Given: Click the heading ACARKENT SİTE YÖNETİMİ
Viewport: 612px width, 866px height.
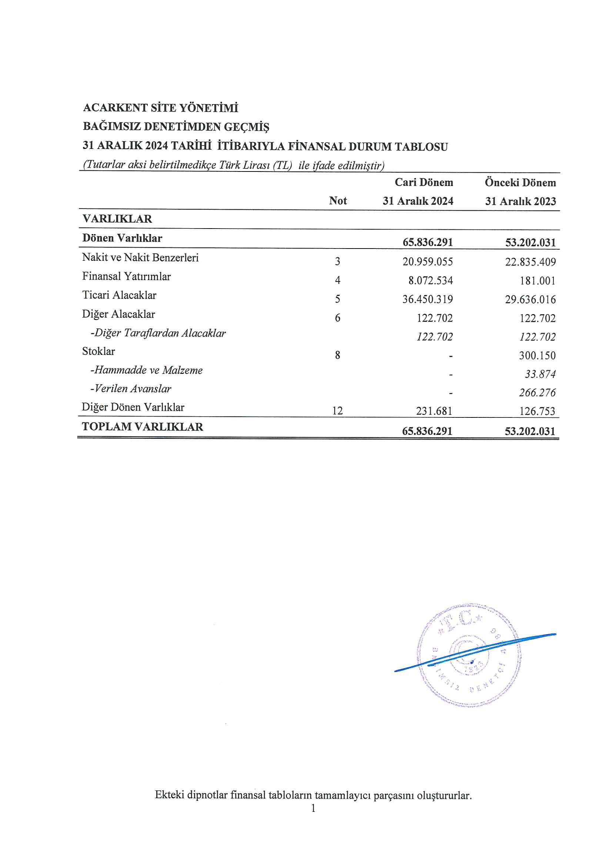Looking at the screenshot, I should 160,108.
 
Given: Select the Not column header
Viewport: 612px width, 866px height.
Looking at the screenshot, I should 338,201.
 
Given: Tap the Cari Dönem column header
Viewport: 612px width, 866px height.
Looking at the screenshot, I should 424,183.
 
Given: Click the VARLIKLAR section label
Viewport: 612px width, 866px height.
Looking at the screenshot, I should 117,219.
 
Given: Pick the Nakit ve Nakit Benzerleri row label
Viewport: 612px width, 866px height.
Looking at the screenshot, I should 140,257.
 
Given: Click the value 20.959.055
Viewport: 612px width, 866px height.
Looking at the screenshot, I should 427,262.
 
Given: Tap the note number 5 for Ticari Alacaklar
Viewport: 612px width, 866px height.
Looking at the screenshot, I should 338,299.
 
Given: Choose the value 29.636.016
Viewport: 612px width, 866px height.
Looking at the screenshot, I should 530,300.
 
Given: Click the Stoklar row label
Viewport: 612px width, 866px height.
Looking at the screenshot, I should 98,352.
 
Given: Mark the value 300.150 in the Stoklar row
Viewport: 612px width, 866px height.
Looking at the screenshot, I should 537,355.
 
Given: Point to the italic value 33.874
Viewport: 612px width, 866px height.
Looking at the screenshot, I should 540,374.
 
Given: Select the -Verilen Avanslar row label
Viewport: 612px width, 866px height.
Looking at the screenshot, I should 130,389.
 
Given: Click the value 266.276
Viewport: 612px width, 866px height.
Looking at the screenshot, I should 537,393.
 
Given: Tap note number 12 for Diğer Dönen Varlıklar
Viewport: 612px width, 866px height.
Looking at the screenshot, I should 337,411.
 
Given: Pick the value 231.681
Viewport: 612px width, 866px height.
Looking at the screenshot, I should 434,411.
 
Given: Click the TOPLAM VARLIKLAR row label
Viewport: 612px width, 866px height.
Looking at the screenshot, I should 143,427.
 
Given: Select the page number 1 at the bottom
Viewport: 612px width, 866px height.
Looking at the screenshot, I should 313,808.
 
